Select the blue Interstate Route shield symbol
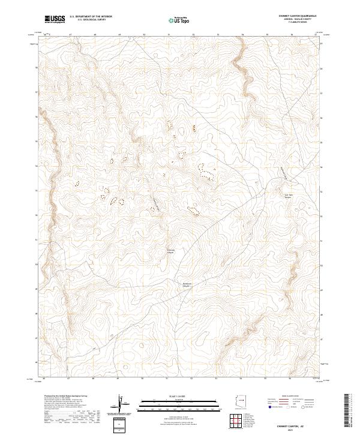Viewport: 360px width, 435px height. (x=269, y=407)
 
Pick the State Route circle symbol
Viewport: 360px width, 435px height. (x=304, y=407)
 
